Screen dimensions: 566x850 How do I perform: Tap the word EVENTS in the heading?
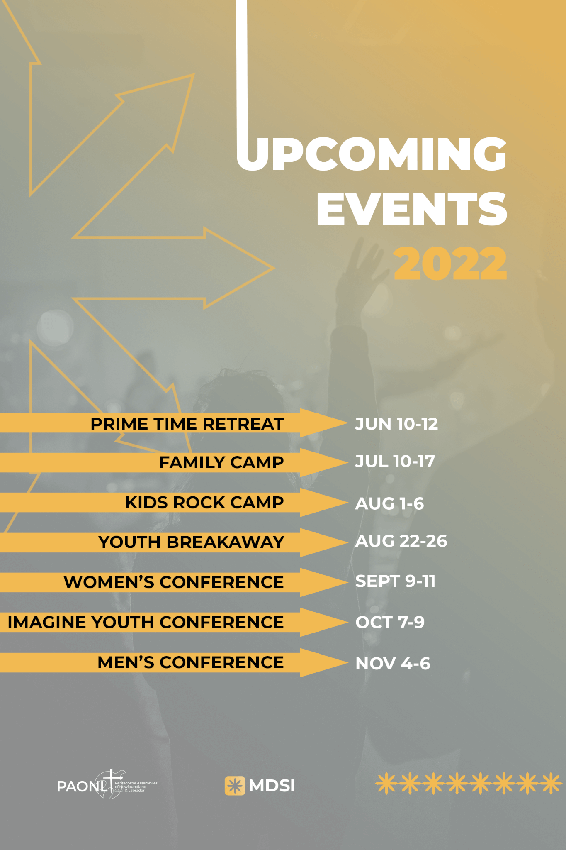(412, 208)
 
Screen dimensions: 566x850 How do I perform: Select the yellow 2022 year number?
(450, 263)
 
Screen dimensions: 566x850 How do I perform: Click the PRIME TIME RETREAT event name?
(187, 424)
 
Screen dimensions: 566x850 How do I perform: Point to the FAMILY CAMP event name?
(221, 462)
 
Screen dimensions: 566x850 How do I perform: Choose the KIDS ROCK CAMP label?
(204, 502)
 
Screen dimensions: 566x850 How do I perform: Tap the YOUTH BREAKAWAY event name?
(191, 542)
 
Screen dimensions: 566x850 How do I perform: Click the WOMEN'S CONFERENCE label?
(174, 582)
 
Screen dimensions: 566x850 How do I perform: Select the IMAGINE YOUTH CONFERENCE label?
(146, 622)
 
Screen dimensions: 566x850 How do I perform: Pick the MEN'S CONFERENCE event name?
(191, 662)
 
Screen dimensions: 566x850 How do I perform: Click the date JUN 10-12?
(396, 424)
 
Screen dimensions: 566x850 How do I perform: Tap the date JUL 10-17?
(395, 461)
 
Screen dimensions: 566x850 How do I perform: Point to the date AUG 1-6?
(389, 503)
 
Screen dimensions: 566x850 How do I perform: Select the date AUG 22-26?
(401, 541)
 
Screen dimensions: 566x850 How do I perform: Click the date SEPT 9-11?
(395, 581)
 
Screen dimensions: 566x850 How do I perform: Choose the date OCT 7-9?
(390, 622)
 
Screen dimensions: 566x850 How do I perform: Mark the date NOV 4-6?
(393, 663)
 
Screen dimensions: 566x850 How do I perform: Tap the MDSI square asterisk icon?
(235, 786)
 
